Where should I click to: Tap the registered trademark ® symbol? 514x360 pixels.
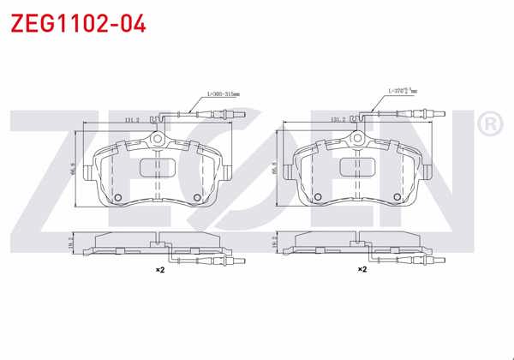[489, 126]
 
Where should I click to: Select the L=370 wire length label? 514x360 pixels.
[401, 89]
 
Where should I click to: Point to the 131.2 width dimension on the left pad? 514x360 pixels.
[134, 121]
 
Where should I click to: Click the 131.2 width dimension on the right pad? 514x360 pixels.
[336, 121]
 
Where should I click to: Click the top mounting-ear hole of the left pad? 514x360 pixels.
[158, 140]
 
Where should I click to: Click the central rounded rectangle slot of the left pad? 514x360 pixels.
[157, 166]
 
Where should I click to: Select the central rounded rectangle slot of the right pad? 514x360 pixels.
[359, 166]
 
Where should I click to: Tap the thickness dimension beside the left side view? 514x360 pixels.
[72, 243]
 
